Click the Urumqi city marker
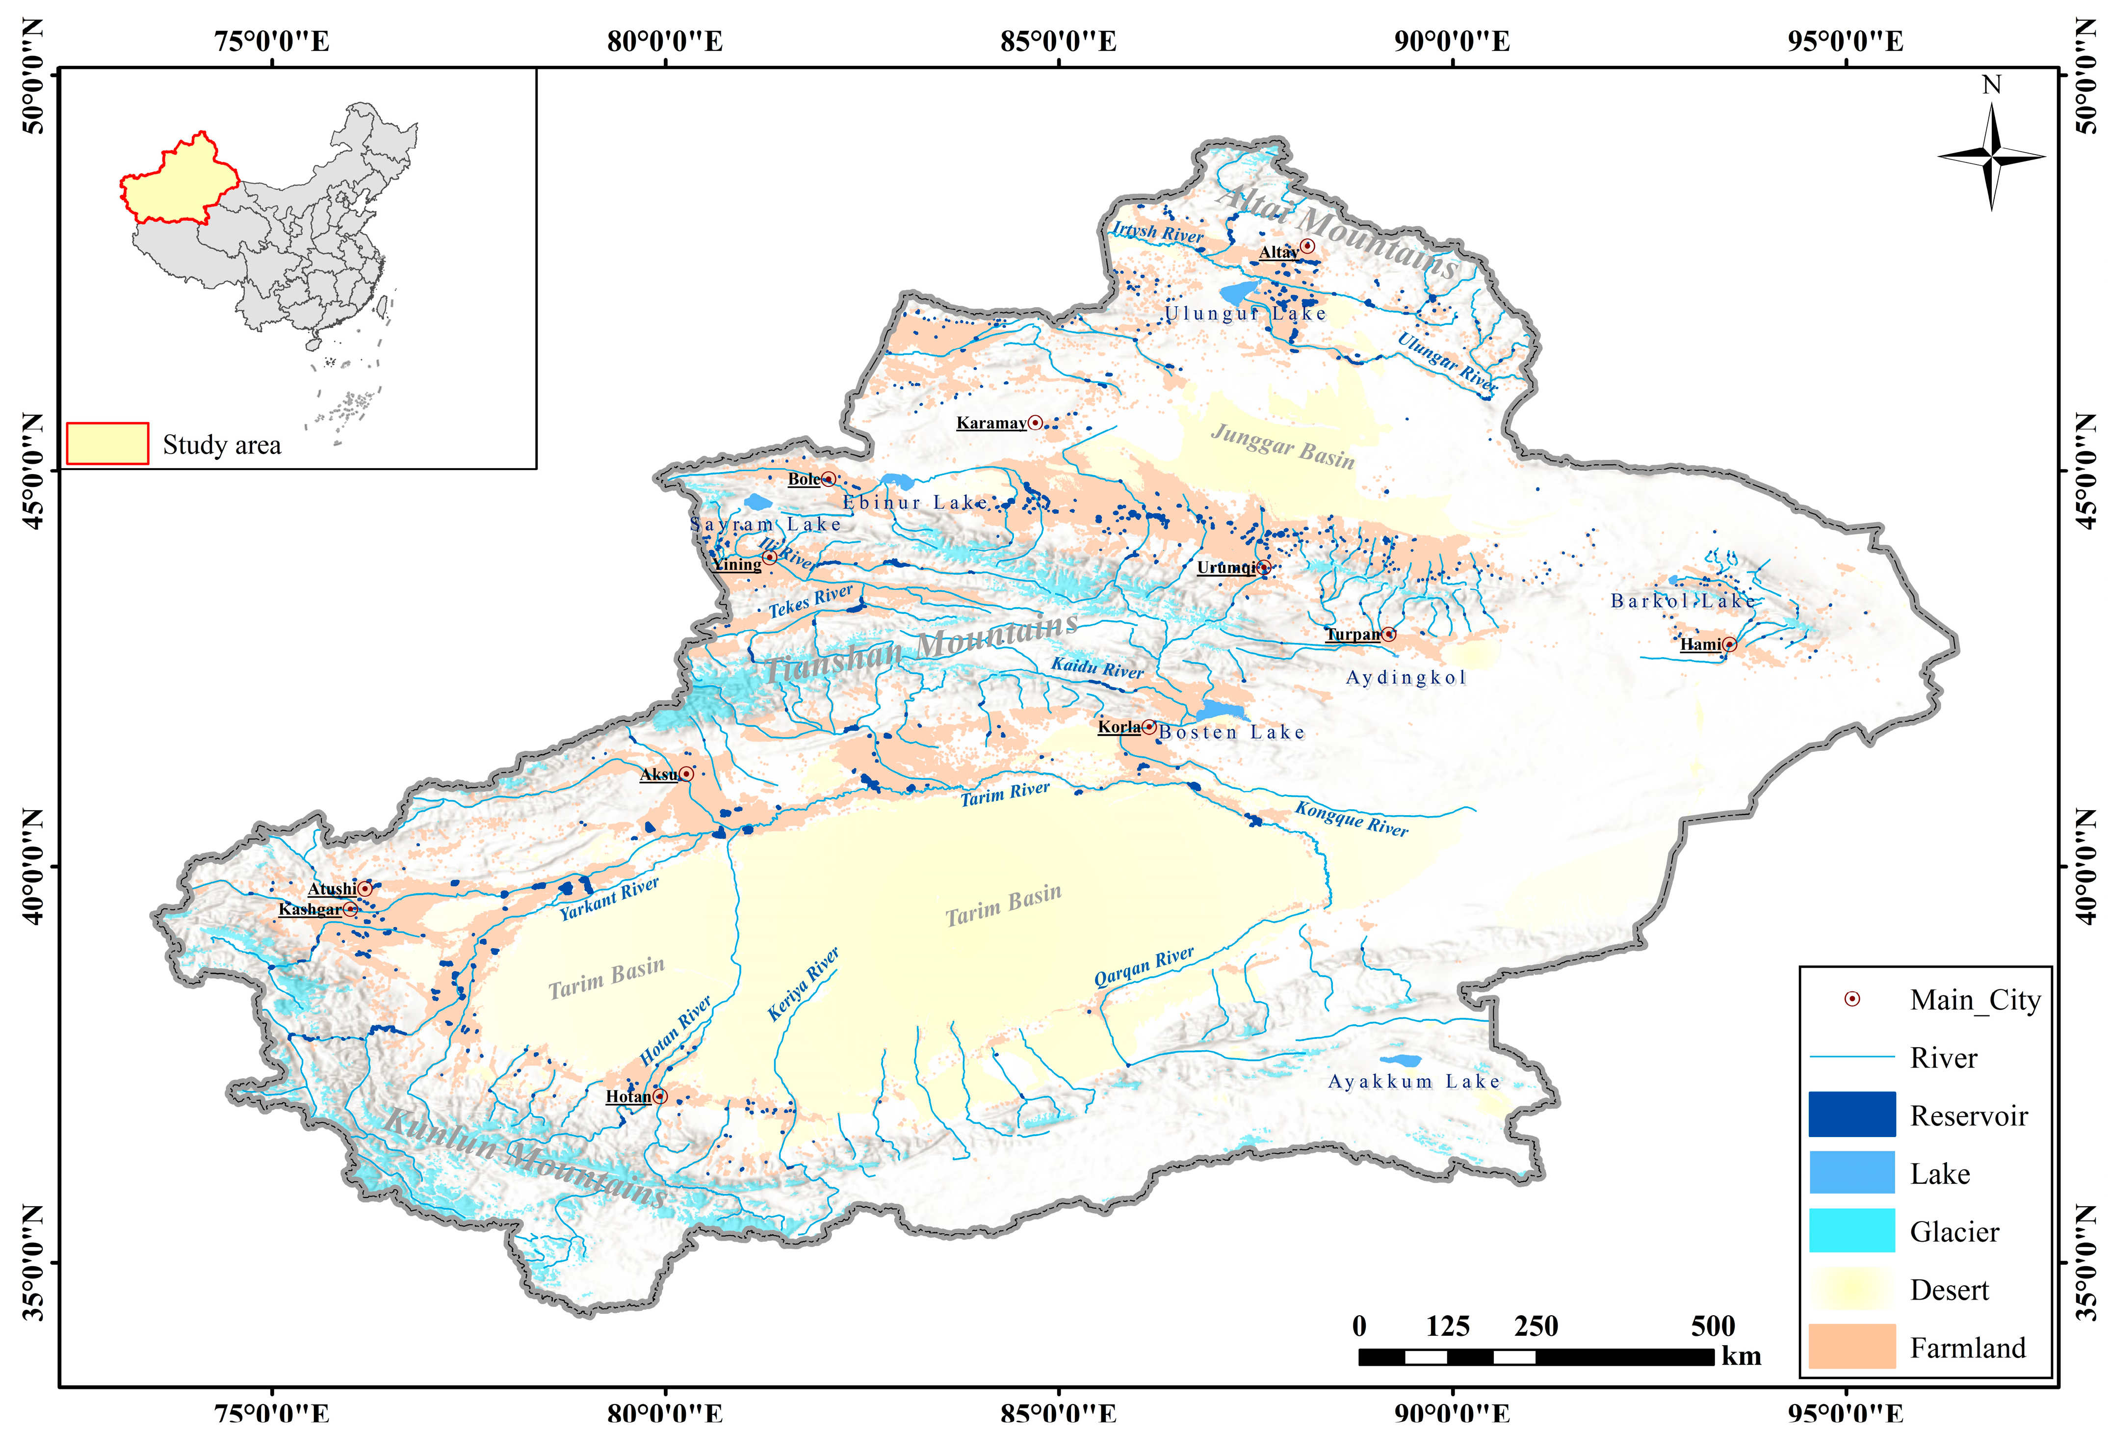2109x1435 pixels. pos(1263,567)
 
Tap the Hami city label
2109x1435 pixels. pos(1700,644)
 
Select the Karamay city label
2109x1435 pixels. pos(991,423)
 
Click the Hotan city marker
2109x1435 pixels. pos(660,1096)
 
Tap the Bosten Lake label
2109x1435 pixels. pos(1231,733)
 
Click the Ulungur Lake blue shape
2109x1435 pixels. pos(1239,292)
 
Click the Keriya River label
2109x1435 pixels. pos(803,984)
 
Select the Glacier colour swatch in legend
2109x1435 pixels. pos(1851,1231)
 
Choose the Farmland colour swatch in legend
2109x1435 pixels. pos(1851,1346)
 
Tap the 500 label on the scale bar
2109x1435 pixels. pos(1713,1326)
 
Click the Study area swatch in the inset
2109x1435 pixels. pos(107,444)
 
